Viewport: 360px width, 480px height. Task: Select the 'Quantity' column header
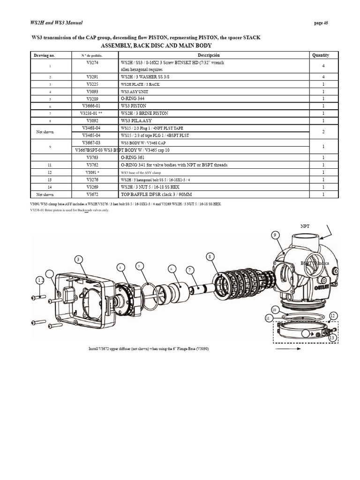(321, 55)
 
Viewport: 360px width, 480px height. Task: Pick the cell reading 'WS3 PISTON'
(134, 106)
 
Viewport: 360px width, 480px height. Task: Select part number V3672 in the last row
(92, 194)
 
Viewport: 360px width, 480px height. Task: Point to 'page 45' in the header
(320, 23)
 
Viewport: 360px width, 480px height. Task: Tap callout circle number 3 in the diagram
(79, 259)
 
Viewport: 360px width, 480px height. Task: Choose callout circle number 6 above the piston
(172, 269)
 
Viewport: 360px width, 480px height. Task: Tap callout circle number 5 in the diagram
(139, 266)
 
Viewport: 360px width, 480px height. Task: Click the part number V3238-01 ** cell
(92, 113)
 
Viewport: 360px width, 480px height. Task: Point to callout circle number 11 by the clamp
(268, 318)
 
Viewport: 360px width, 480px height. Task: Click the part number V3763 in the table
(92, 158)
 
